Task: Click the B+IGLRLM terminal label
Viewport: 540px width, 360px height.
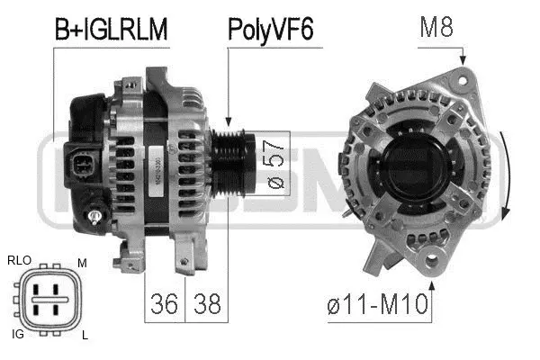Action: tap(112, 30)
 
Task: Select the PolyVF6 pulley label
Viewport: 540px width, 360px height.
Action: tap(270, 30)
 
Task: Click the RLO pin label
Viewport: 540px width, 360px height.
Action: tap(19, 261)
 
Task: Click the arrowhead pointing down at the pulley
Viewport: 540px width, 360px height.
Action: tap(229, 121)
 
